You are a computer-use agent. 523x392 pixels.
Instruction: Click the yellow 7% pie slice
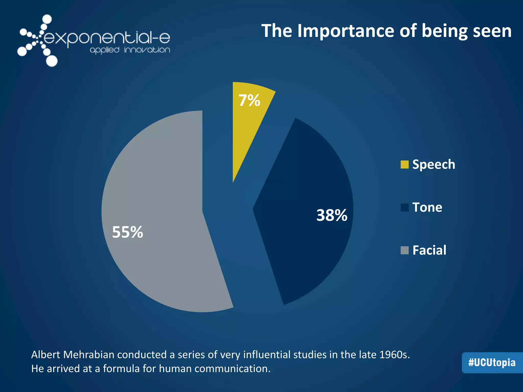[245, 128]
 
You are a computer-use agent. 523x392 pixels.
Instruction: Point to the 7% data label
[249, 100]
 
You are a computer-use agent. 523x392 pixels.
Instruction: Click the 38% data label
[332, 215]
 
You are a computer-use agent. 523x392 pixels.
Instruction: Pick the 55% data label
[127, 232]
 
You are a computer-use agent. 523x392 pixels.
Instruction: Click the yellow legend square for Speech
[405, 165]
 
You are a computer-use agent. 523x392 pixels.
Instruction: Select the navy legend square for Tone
[405, 207]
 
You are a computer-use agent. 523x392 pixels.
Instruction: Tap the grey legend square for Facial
[405, 250]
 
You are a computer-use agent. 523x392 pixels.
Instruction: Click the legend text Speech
[434, 165]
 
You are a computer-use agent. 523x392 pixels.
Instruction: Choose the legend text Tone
[427, 207]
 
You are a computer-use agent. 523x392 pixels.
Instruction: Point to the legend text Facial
[429, 250]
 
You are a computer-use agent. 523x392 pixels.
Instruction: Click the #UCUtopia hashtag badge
[492, 363]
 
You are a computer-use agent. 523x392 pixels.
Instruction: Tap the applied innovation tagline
[130, 50]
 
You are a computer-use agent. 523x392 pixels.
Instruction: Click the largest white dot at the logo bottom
[52, 61]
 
